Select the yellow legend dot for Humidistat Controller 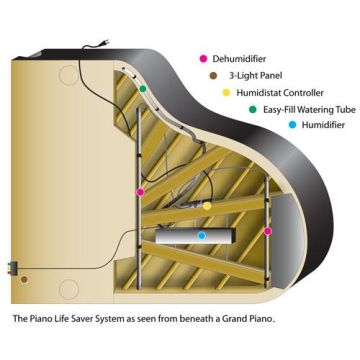tap(226, 91)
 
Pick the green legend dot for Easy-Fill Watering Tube tap(252, 108)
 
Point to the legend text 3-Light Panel tap(255, 74)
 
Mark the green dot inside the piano tap(143, 89)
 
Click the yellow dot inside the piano tap(206, 205)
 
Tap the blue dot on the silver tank tap(201, 236)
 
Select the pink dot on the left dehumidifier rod tap(140, 191)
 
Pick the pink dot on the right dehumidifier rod tap(267, 231)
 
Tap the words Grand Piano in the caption tap(246, 321)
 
